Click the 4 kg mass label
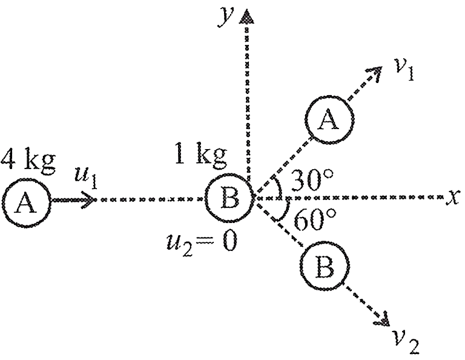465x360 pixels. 28,161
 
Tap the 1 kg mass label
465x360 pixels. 201,155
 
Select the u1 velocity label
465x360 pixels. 86,178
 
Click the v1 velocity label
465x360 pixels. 404,69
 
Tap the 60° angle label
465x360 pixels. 315,220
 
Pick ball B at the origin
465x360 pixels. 230,198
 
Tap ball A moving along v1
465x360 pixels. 329,120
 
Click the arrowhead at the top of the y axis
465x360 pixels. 247,16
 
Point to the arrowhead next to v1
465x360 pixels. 375,72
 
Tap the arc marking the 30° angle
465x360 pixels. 279,187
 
